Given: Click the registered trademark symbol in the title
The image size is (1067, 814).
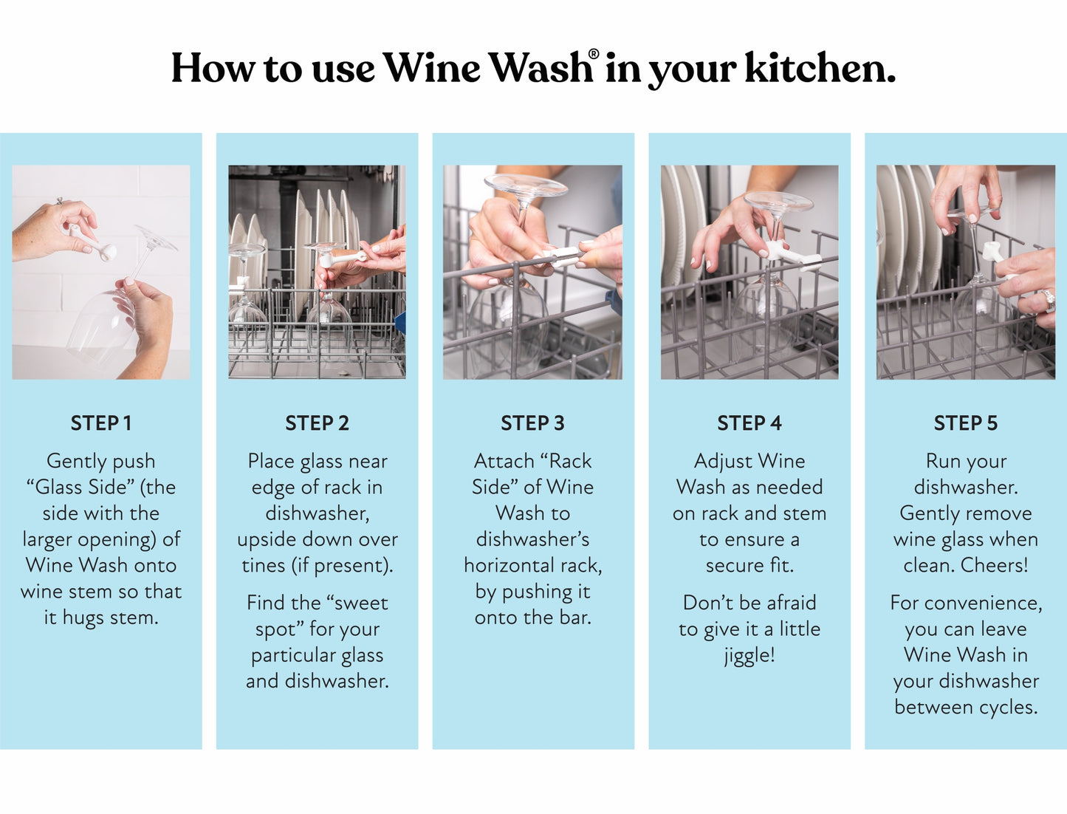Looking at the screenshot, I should pos(594,55).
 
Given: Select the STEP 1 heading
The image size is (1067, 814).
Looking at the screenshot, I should pos(101,423).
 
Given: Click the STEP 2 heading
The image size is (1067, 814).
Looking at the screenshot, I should pos(317,423).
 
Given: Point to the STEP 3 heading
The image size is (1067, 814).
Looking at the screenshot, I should pos(532,423).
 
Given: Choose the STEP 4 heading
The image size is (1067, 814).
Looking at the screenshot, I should pos(749,423).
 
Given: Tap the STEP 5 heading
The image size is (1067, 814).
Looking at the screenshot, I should pos(965,423).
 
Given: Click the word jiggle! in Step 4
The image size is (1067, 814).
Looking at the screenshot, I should pos(749,655).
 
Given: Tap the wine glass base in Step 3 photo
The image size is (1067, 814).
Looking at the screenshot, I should pos(525,185).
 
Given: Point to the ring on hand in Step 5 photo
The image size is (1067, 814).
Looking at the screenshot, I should pos(1046,299).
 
